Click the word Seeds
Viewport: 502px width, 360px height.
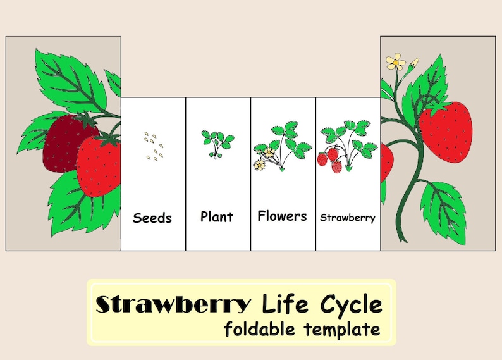[152, 218]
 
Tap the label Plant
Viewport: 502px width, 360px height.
[217, 216]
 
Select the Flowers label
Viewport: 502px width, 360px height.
[282, 216]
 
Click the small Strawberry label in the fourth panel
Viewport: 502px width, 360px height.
[348, 218]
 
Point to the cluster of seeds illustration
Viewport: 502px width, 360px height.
[153, 146]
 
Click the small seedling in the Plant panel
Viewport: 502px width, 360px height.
[217, 143]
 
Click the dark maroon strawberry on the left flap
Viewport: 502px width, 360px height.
[63, 142]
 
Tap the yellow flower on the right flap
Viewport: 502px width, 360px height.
[396, 61]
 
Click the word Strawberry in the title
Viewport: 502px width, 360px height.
[173, 305]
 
